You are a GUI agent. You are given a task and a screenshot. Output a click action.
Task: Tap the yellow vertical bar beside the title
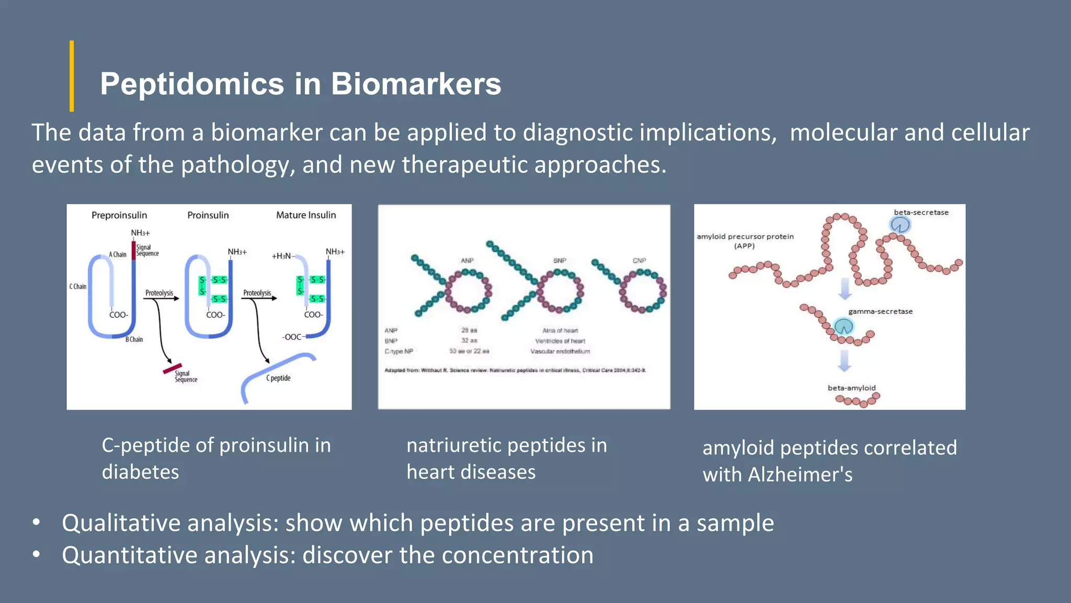[72, 76]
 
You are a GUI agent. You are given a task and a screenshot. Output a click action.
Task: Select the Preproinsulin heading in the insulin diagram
[119, 215]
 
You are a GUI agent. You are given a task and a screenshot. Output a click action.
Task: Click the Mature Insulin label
[306, 215]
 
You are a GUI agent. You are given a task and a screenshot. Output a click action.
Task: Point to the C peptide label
[278, 378]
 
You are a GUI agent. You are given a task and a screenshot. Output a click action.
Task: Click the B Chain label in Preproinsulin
[134, 339]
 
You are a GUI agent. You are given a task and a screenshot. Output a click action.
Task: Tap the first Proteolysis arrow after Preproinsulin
[162, 298]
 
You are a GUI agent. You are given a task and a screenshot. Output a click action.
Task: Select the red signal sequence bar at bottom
[173, 368]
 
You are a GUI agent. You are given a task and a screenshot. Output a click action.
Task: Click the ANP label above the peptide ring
[467, 260]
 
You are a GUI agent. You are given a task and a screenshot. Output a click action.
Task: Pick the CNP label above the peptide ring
[639, 260]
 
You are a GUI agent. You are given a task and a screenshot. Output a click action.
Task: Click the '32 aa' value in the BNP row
[469, 341]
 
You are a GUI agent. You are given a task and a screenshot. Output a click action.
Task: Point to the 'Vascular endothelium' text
[560, 351]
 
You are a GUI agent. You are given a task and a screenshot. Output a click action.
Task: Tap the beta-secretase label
[921, 213]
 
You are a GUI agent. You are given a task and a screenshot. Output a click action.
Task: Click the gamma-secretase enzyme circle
[844, 327]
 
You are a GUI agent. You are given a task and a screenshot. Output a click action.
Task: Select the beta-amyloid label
[851, 388]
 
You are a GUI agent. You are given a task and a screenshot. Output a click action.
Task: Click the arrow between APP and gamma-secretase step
[845, 289]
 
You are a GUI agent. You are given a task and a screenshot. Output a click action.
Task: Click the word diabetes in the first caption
[140, 472]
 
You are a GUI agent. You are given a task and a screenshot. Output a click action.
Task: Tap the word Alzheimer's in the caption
[800, 475]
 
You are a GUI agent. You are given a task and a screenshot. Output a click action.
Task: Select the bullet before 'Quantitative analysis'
[36, 554]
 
